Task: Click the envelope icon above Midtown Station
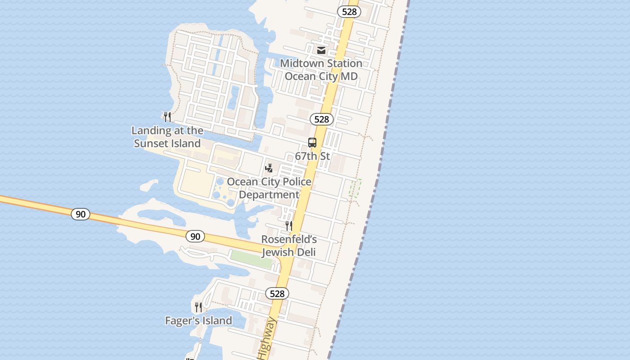[321, 50]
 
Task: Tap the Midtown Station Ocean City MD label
[321, 70]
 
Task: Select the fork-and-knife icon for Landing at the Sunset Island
[167, 117]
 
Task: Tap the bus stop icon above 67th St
[312, 143]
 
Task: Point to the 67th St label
[312, 156]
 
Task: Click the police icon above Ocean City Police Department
[269, 168]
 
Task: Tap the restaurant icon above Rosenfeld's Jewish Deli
[289, 225]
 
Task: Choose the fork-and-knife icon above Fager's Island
[198, 307]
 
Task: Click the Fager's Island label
[198, 320]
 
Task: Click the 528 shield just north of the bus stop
[321, 119]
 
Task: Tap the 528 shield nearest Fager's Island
[277, 293]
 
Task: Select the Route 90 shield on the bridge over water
[81, 214]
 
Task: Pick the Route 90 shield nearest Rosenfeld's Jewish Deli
[195, 236]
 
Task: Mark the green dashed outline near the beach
[355, 188]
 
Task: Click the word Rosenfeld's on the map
[289, 239]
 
